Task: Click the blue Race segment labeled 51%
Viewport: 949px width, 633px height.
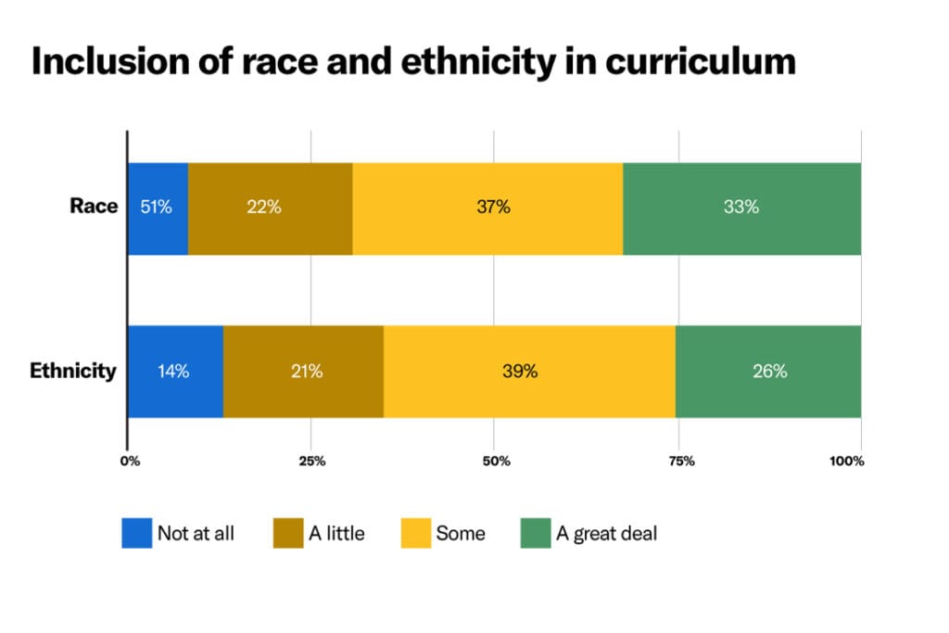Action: [x=158, y=208]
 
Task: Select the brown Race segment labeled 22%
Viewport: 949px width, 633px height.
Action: [x=270, y=208]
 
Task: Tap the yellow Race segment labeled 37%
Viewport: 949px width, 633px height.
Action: [x=487, y=208]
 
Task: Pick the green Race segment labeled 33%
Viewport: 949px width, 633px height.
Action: [x=741, y=208]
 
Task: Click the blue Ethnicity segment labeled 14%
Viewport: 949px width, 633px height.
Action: [x=175, y=372]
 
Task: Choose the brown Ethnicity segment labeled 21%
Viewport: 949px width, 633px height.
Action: [x=303, y=372]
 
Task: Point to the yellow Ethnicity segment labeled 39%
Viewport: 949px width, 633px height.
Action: [x=529, y=372]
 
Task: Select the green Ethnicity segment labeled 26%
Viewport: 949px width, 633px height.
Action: [x=768, y=372]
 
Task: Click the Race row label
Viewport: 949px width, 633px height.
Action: [x=94, y=206]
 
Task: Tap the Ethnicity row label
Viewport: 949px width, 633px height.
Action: [x=73, y=372]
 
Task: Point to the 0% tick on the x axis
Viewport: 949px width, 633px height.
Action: [x=130, y=461]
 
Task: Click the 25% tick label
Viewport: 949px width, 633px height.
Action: [x=311, y=461]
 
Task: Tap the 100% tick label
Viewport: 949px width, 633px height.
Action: [x=847, y=461]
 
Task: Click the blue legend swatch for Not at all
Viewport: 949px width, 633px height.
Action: [x=136, y=533]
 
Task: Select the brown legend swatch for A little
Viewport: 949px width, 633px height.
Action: [x=287, y=533]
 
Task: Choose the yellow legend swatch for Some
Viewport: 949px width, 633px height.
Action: [x=414, y=533]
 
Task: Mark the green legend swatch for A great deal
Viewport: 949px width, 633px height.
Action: [x=535, y=533]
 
